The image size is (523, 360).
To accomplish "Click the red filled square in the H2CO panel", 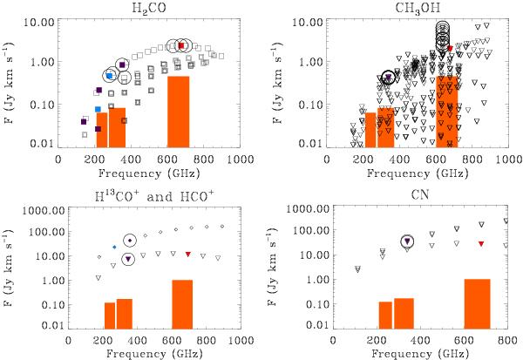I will click(x=181, y=45).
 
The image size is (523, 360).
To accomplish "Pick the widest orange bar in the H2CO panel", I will click(x=178, y=111).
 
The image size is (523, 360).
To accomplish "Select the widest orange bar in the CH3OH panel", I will click(x=448, y=111).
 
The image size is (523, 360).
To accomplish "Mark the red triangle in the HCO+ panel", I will click(x=188, y=254).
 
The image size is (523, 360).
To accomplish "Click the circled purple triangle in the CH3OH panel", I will click(x=389, y=78).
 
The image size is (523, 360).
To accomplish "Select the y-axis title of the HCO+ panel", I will click(x=12, y=265).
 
